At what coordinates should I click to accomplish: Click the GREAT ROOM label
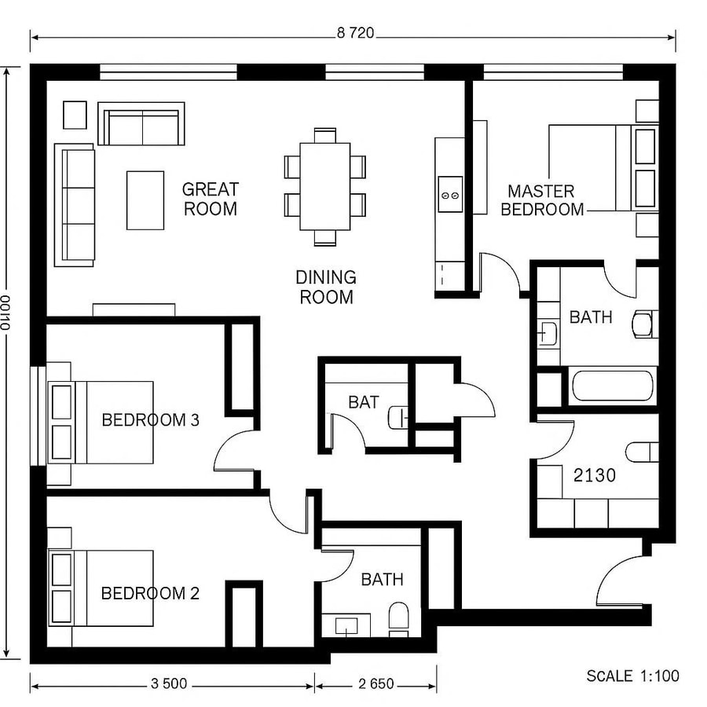tap(210, 199)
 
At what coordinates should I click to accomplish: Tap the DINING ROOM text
tap(325, 287)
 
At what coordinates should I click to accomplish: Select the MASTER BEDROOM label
tap(542, 200)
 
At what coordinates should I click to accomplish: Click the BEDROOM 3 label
tap(150, 419)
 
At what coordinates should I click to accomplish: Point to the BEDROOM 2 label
tap(150, 593)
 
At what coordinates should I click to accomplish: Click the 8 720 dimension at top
tap(354, 33)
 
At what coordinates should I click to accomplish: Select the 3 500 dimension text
tap(169, 684)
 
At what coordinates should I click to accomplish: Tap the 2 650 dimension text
tap(375, 684)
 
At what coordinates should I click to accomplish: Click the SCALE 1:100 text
tap(632, 676)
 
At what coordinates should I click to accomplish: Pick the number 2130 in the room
tap(594, 474)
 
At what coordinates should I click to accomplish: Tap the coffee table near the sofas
tap(145, 200)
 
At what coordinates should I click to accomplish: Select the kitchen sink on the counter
tap(450, 190)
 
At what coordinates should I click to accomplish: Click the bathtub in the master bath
tap(613, 386)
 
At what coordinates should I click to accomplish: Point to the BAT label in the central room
tap(364, 402)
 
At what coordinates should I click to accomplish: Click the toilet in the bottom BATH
tap(399, 617)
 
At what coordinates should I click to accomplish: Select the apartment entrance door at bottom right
tap(621, 581)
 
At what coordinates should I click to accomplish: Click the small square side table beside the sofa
tap(75, 115)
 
